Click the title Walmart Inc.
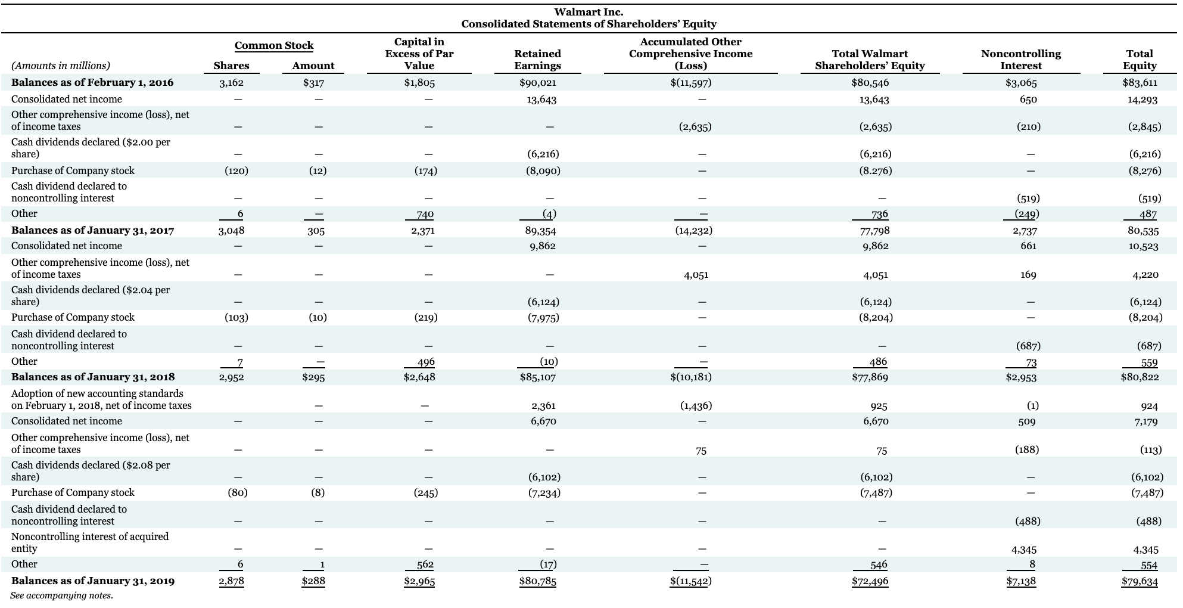pos(589,12)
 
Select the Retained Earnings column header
pos(537,60)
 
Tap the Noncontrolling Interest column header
pos(1020,60)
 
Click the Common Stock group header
pos(274,45)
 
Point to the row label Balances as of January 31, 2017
pos(93,230)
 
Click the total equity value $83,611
pos(1141,83)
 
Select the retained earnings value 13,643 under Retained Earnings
pos(541,100)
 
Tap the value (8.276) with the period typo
pos(875,170)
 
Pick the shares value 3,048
pos(231,230)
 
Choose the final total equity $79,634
pos(1140,581)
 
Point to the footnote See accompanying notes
pos(62,595)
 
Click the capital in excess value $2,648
pos(419,377)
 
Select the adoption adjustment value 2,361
pos(543,406)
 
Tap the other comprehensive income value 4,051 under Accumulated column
pos(696,275)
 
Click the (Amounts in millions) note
pos(61,66)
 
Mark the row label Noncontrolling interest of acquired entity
pos(90,542)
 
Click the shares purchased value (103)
pos(236,318)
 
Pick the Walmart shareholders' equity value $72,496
pos(870,581)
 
